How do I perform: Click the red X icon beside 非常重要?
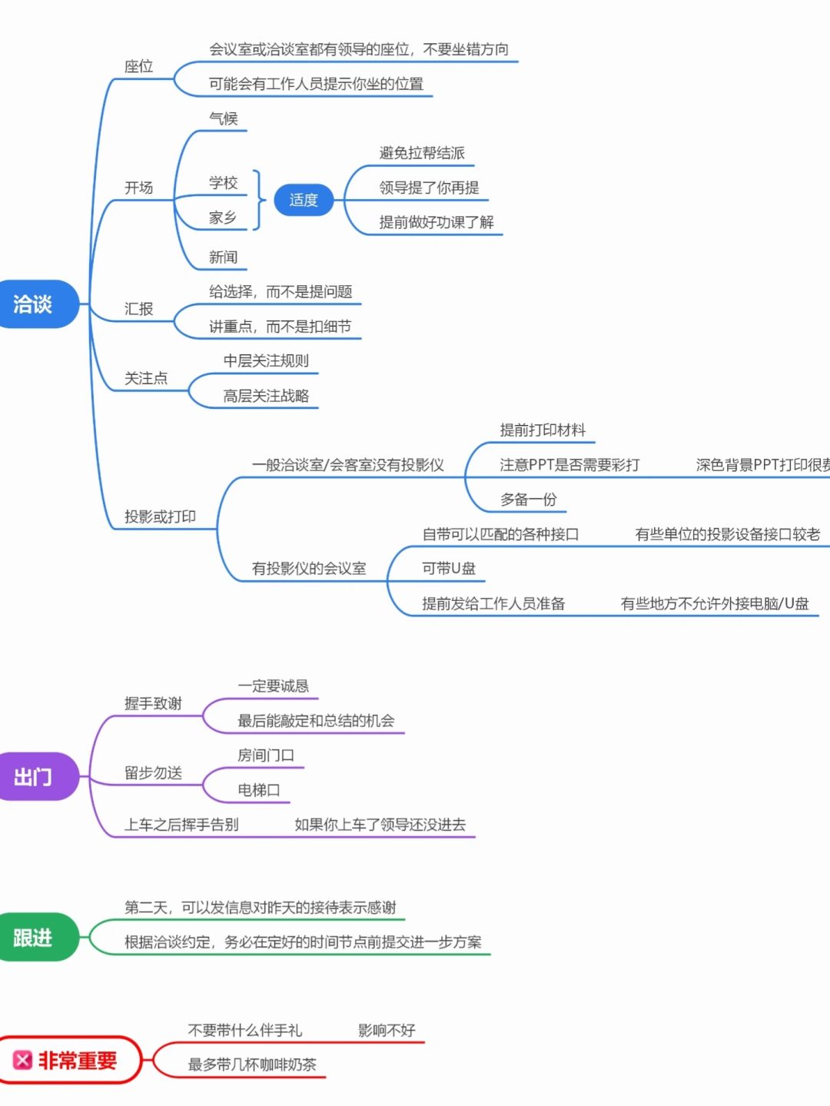point(22,1061)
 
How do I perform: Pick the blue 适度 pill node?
point(304,200)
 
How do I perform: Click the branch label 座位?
point(139,67)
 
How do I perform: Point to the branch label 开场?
point(139,188)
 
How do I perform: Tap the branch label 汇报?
point(139,309)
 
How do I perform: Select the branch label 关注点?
point(146,378)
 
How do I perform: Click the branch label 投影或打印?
point(160,516)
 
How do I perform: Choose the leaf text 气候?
point(224,118)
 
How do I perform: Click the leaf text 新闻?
point(224,257)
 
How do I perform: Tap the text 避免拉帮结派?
point(422,153)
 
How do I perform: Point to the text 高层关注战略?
point(266,396)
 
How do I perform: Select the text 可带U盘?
point(449,569)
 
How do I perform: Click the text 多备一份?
point(528,500)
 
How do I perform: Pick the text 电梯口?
point(259,790)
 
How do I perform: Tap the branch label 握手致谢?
point(153,703)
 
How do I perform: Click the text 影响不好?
point(387,1030)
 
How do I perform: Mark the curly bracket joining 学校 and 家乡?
point(259,200)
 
